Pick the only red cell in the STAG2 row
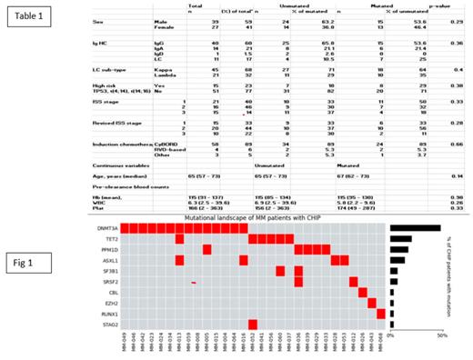point(252,323)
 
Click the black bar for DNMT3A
point(415,228)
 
